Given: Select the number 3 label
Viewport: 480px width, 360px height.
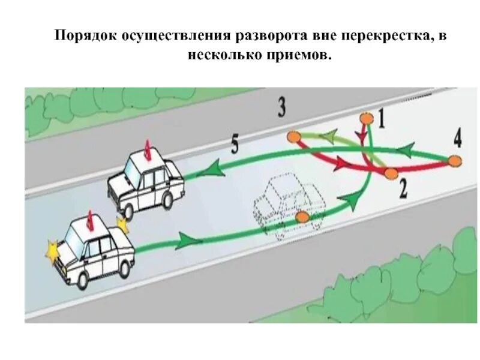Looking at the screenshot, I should click(281, 107).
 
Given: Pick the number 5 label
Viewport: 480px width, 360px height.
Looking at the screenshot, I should click(235, 145).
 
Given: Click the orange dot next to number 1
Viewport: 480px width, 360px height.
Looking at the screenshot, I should click(364, 118).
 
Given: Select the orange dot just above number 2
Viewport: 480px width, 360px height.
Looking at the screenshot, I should click(391, 173).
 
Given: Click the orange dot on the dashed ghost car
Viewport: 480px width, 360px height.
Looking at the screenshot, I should click(302, 216).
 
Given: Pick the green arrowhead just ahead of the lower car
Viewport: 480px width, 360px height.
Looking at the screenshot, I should click(187, 242).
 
